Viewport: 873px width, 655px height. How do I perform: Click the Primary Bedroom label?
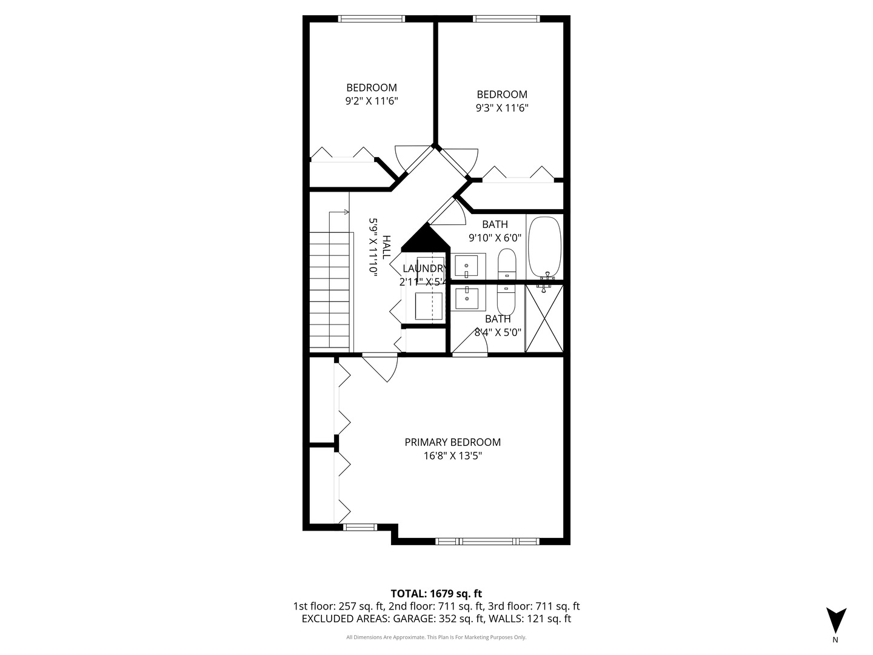click(452, 442)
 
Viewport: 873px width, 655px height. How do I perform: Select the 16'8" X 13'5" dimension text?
click(452, 456)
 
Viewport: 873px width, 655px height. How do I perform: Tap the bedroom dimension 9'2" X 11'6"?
click(371, 101)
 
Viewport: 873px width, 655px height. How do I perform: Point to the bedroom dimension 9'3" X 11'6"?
click(502, 108)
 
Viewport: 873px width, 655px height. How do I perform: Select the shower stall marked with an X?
click(544, 318)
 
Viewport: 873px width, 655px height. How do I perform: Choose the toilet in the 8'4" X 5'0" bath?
click(506, 297)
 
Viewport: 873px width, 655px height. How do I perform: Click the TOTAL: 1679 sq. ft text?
click(436, 593)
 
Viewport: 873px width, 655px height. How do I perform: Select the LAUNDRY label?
click(425, 269)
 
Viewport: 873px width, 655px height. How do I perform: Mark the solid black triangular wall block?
click(427, 239)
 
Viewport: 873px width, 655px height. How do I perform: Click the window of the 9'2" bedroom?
click(372, 19)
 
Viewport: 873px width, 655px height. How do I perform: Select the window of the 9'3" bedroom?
click(506, 19)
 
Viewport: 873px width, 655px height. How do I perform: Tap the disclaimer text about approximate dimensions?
click(436, 637)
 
